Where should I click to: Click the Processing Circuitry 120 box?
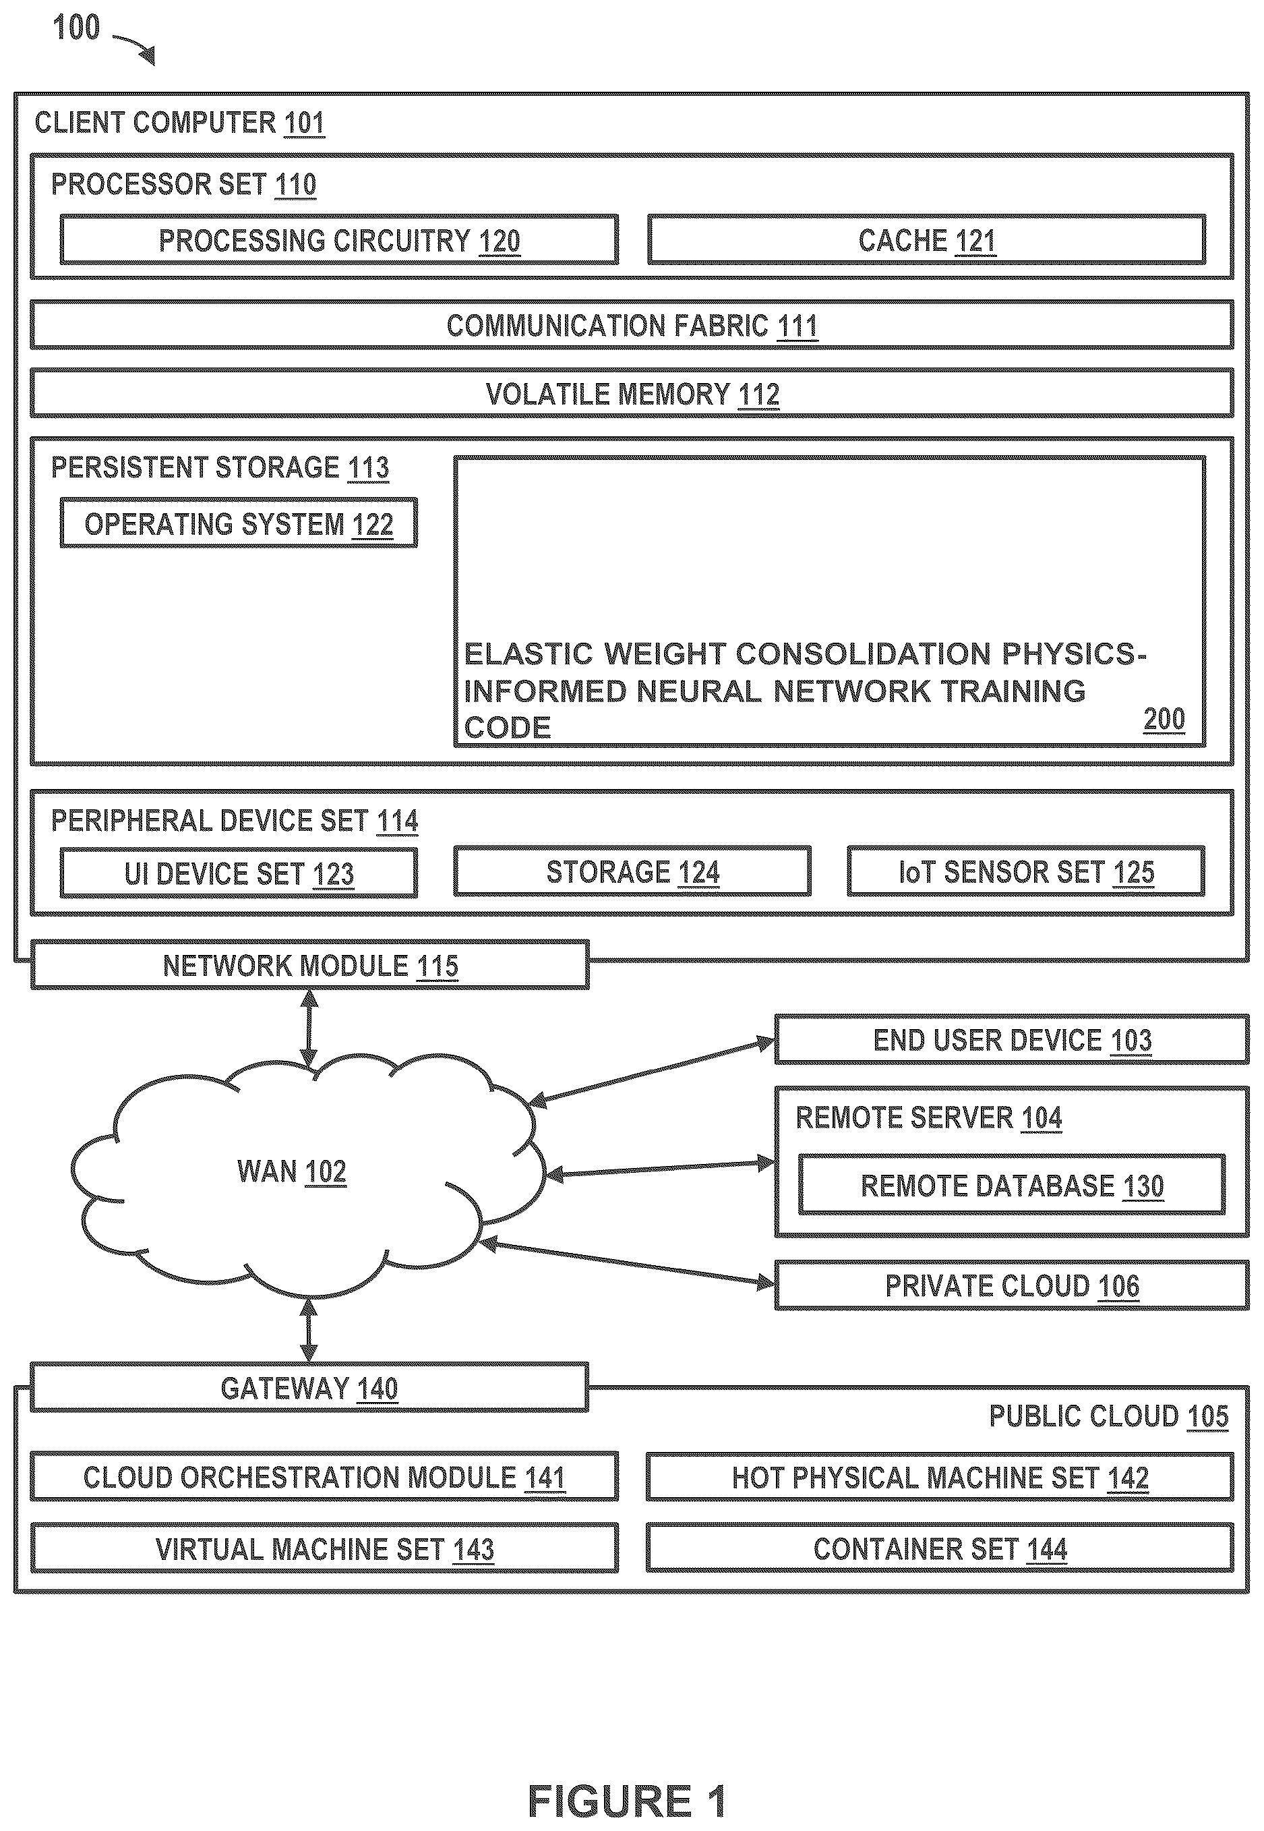click(339, 239)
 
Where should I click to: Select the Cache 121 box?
click(927, 239)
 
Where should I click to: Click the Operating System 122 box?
click(239, 523)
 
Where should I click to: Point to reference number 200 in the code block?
click(1164, 720)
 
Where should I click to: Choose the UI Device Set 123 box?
click(239, 873)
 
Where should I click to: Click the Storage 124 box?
click(632, 871)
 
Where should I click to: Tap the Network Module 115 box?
click(309, 965)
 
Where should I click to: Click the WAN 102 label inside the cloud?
click(291, 1171)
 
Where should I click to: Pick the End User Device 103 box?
click(1012, 1039)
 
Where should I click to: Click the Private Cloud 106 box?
click(1012, 1285)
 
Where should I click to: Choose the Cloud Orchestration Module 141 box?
click(324, 1477)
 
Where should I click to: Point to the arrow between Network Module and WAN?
click(309, 1028)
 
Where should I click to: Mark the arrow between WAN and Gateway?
click(309, 1329)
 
